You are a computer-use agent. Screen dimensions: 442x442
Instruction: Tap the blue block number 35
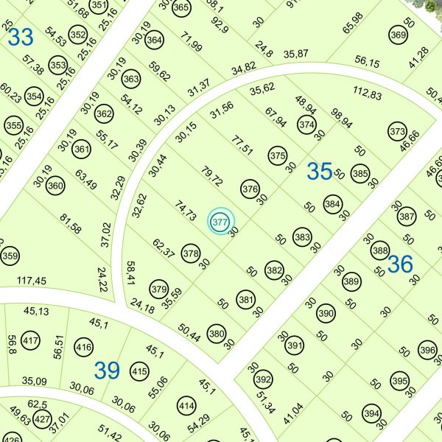click(x=320, y=172)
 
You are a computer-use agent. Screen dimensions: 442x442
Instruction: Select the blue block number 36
click(x=400, y=264)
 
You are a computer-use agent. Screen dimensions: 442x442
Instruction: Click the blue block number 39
click(x=107, y=371)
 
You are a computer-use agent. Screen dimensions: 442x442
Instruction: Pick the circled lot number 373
click(x=398, y=132)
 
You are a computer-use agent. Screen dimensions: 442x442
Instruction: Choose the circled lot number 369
click(x=398, y=35)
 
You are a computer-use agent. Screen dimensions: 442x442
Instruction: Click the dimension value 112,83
click(x=368, y=94)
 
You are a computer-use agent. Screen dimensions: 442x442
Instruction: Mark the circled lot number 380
click(x=216, y=333)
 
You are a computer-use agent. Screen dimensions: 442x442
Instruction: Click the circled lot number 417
click(x=31, y=342)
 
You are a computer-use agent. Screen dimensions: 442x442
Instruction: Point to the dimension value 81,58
click(x=71, y=223)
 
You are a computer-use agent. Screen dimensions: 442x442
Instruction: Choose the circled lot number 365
click(x=181, y=7)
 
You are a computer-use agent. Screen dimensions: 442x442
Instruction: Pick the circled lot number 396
click(x=427, y=350)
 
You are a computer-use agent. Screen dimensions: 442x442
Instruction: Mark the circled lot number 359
click(x=10, y=256)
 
